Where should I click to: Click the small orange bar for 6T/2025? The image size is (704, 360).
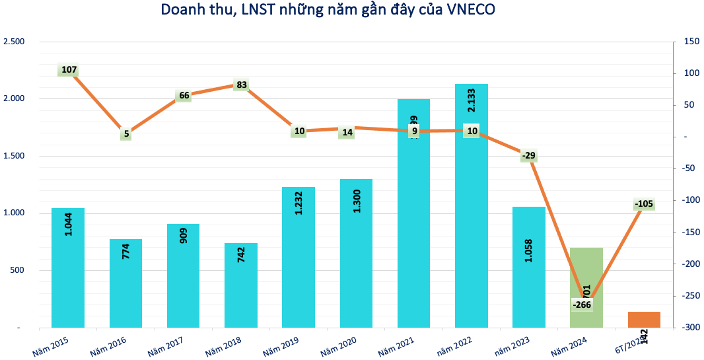[644, 319]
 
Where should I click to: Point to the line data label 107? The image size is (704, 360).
[69, 69]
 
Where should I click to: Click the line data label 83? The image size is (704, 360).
[242, 85]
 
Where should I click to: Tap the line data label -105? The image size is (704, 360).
[643, 203]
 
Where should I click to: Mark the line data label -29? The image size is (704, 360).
[529, 156]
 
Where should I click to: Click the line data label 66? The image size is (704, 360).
[184, 95]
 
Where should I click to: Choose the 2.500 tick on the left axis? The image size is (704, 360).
[14, 42]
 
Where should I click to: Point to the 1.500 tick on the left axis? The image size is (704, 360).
[14, 156]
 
